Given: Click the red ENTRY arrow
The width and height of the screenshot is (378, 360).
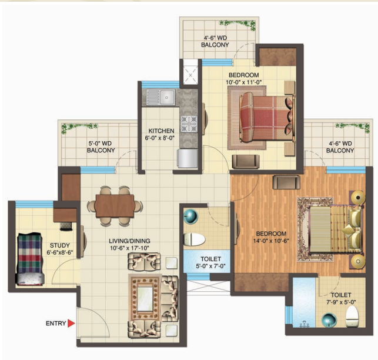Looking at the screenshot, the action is pyautogui.click(x=71, y=324).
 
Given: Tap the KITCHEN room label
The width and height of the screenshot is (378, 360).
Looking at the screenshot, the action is pyautogui.click(x=161, y=131).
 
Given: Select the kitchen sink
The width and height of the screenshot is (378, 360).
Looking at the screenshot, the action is pyautogui.click(x=161, y=97).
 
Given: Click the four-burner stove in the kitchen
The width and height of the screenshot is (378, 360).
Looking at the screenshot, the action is pyautogui.click(x=189, y=124).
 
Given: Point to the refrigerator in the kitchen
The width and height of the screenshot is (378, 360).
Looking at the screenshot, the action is pyautogui.click(x=188, y=158).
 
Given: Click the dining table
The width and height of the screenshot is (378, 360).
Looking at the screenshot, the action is pyautogui.click(x=115, y=206).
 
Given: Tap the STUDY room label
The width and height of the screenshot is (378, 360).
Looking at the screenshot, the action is pyautogui.click(x=59, y=245).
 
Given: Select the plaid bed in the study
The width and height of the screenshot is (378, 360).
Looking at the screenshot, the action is pyautogui.click(x=30, y=259).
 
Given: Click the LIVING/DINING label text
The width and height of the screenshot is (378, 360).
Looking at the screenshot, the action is pyautogui.click(x=129, y=241).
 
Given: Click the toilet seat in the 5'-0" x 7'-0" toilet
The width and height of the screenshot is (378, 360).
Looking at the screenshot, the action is pyautogui.click(x=195, y=239).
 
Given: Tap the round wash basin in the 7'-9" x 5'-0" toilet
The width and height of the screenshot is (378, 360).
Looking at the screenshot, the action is pyautogui.click(x=329, y=320).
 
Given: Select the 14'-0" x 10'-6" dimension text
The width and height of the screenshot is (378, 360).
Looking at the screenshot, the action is pyautogui.click(x=271, y=241).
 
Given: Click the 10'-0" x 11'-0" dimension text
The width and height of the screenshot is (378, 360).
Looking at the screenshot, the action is pyautogui.click(x=244, y=82).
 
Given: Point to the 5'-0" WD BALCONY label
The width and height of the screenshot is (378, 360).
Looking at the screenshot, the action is pyautogui.click(x=101, y=146).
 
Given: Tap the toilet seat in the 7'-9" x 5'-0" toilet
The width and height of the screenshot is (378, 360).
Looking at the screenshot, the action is pyautogui.click(x=352, y=316).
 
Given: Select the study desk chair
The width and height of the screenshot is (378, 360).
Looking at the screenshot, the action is pyautogui.click(x=66, y=226).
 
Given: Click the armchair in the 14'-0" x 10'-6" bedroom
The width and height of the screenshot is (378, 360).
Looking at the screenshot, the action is pyautogui.click(x=286, y=182).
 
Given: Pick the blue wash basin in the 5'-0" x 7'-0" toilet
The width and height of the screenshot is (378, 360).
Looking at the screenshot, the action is pyautogui.click(x=190, y=216).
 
